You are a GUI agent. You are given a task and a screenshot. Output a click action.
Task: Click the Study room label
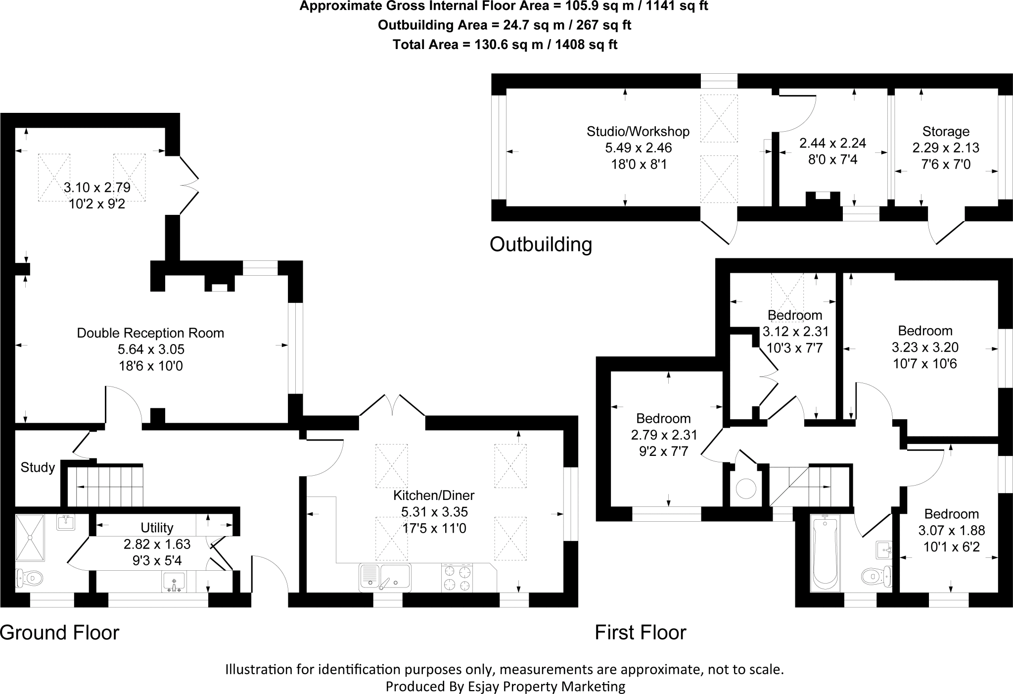click(x=38, y=467)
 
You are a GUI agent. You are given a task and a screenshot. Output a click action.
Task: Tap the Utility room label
click(x=157, y=527)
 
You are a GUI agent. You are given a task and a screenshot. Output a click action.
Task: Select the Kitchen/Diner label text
click(x=434, y=495)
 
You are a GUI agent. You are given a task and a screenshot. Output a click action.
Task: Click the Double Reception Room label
click(x=150, y=333)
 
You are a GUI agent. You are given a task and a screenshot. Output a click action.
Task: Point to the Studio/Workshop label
click(x=638, y=131)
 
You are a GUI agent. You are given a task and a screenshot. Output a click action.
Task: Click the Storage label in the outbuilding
click(x=946, y=131)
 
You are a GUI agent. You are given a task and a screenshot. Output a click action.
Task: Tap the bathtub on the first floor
click(x=825, y=553)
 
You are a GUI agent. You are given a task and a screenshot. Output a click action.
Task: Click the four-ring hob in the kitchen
click(x=457, y=578)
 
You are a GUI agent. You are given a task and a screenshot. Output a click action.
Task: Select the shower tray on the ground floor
click(x=31, y=538)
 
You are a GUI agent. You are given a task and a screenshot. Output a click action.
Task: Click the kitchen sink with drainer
click(x=385, y=577)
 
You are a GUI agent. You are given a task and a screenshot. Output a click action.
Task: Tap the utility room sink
click(x=173, y=582)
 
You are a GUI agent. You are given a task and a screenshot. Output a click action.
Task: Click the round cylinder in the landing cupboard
click(x=746, y=489)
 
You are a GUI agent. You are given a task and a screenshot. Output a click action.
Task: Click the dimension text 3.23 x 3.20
click(x=925, y=347)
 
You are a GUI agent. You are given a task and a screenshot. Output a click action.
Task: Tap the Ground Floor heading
click(x=60, y=632)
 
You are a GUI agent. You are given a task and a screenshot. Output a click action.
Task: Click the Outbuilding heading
click(x=541, y=244)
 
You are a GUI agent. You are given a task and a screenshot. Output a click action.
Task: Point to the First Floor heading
click(x=641, y=632)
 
